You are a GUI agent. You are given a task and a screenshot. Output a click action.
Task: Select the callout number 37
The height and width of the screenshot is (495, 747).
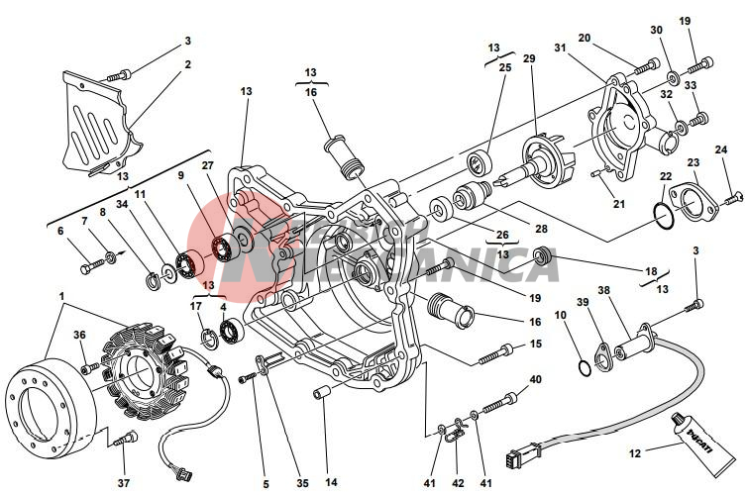point(123,483)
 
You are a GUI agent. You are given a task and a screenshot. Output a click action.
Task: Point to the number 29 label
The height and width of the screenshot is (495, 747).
point(529,59)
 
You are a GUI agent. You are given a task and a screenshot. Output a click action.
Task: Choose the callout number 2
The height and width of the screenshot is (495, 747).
point(186,65)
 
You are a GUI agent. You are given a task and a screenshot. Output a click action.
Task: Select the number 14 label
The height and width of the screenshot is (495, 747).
point(331,483)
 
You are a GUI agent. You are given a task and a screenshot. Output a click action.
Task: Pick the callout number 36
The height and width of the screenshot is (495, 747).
point(78,334)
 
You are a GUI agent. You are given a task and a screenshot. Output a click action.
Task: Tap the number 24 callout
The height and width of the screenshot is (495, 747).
point(720,149)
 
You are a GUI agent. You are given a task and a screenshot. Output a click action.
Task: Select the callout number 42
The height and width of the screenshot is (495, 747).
point(457,483)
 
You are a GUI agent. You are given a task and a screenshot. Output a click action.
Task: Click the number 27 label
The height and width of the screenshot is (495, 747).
point(207,165)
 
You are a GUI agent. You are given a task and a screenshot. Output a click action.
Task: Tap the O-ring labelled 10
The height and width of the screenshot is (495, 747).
point(586,368)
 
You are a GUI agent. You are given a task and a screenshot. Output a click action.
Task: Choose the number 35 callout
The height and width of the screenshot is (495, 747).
point(301,483)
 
